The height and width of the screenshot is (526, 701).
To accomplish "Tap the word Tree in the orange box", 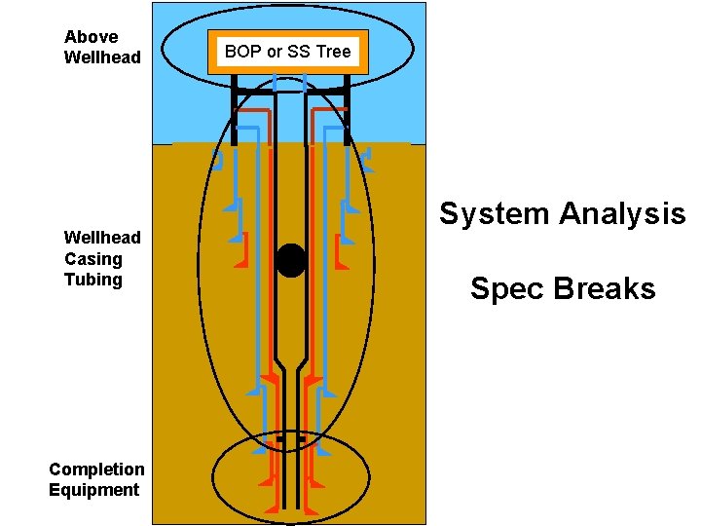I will (333, 52).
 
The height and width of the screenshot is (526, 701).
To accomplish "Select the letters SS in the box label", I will (299, 52).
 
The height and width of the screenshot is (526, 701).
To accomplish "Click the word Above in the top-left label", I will (91, 37).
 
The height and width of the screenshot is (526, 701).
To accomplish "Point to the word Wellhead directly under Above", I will (102, 57).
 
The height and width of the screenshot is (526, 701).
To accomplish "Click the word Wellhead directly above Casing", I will (102, 238).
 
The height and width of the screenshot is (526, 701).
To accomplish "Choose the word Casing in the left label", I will (93, 259).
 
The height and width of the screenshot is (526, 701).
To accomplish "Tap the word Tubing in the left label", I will (93, 280).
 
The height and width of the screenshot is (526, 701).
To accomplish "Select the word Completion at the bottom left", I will (96, 470).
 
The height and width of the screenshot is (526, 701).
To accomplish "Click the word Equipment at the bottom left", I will (94, 490).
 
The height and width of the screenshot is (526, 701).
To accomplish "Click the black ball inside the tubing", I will (291, 260).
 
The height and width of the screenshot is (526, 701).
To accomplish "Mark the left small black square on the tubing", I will (280, 439).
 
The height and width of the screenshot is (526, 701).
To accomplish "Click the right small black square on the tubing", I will (302, 439).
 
